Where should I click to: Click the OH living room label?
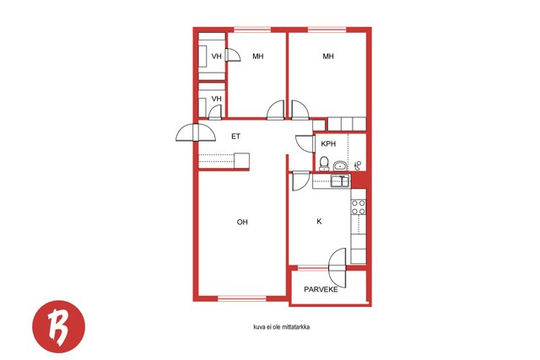(x=242, y=222)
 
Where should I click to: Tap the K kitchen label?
(x=319, y=221)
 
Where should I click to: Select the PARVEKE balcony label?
(x=321, y=289)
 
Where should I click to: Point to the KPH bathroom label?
(x=328, y=144)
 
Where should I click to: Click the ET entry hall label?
(x=235, y=137)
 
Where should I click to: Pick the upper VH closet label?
(x=216, y=56)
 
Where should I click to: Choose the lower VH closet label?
(x=216, y=99)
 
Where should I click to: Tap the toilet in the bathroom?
(x=324, y=164)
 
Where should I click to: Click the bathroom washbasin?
(x=341, y=166)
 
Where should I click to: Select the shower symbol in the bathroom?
(x=358, y=166)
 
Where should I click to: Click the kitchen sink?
(x=340, y=180)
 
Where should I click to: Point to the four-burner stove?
(x=359, y=207)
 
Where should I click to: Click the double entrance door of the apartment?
(x=196, y=132)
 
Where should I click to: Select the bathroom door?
(x=305, y=143)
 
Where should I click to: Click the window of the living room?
(x=242, y=298)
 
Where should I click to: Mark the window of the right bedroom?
(x=327, y=30)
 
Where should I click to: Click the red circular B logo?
(x=58, y=326)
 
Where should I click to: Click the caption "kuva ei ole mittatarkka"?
(x=281, y=327)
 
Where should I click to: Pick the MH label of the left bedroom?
(x=258, y=56)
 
